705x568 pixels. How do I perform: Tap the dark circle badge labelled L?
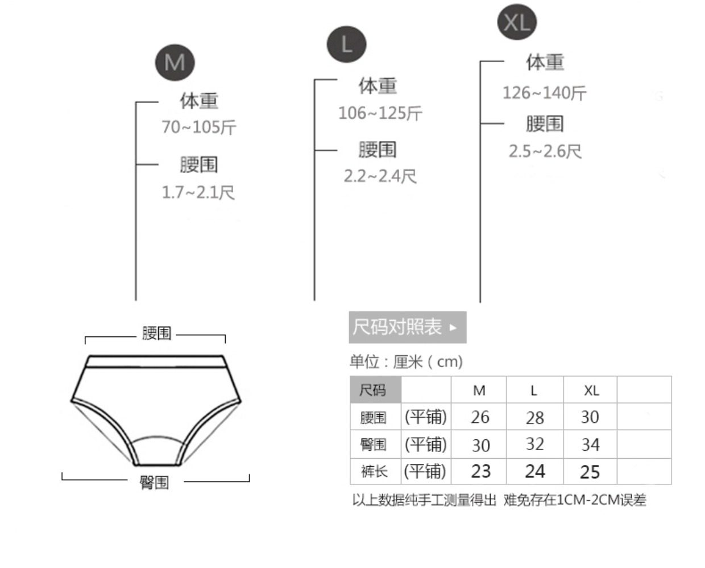[x=346, y=44]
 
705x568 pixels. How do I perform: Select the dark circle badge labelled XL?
[x=517, y=22]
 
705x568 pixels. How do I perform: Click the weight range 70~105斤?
[x=198, y=127]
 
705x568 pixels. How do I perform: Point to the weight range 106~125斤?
[x=380, y=113]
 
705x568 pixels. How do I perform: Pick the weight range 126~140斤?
[x=544, y=92]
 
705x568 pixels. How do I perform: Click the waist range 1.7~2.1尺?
[x=198, y=192]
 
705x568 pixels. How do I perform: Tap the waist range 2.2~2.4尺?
[x=380, y=176]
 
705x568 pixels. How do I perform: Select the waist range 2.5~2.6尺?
[x=545, y=151]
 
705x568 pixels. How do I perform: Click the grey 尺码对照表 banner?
[x=407, y=327]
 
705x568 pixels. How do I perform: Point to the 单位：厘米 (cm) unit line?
[x=406, y=361]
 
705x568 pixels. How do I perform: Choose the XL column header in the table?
[x=591, y=390]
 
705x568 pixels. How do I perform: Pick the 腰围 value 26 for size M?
[x=480, y=417]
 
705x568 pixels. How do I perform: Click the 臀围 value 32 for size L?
[x=534, y=444]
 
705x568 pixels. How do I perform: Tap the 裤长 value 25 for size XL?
[x=590, y=471]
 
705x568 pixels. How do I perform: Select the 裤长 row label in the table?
[x=374, y=471]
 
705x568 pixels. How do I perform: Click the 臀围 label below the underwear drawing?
[x=155, y=483]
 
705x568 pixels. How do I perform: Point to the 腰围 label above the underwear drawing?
[x=156, y=333]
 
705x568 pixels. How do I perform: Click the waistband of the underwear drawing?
[x=156, y=362]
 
